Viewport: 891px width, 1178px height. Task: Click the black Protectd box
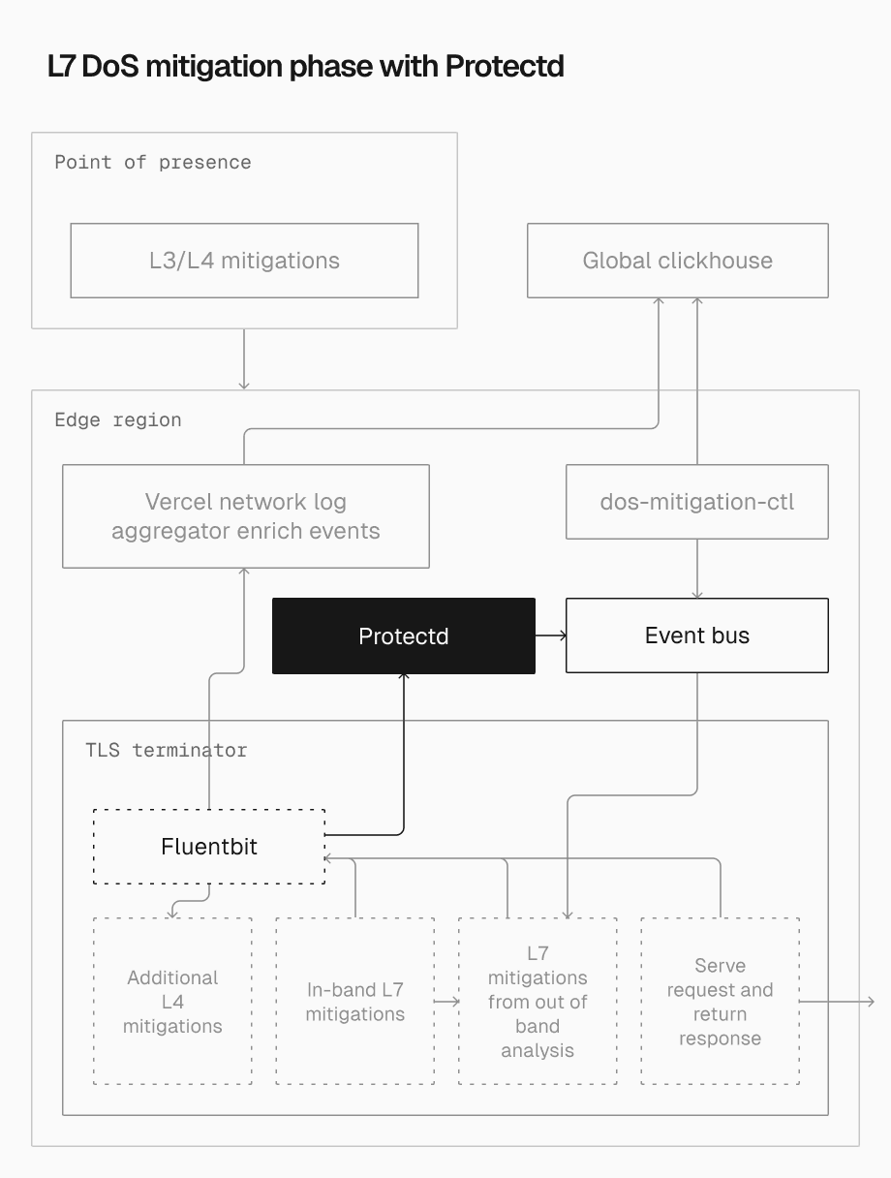pos(403,635)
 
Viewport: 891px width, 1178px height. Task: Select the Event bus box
pos(696,635)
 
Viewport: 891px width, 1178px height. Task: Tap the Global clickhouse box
pos(677,261)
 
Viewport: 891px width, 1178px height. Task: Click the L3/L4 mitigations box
pos(244,261)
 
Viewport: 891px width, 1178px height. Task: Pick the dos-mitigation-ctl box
pos(696,502)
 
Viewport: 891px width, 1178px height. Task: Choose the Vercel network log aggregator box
pos(245,516)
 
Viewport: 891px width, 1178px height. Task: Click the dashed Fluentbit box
pos(208,847)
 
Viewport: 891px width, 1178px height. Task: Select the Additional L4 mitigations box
pos(172,1002)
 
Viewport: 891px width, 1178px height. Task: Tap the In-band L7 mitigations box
pos(354,1002)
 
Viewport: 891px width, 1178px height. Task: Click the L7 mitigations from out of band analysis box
pos(538,1002)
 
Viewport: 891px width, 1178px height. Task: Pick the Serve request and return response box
pos(720,1002)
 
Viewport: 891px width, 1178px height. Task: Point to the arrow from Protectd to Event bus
pos(550,635)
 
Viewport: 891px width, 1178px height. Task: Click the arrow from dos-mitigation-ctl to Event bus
pos(696,569)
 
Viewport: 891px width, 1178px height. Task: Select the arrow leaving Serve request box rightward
pos(838,1002)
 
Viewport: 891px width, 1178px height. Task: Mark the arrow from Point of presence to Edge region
pos(244,359)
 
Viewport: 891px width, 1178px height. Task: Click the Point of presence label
pos(153,163)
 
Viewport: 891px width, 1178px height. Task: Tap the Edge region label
pos(118,420)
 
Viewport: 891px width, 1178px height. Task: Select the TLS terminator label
pos(166,751)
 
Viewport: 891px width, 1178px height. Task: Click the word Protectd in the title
pos(504,67)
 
